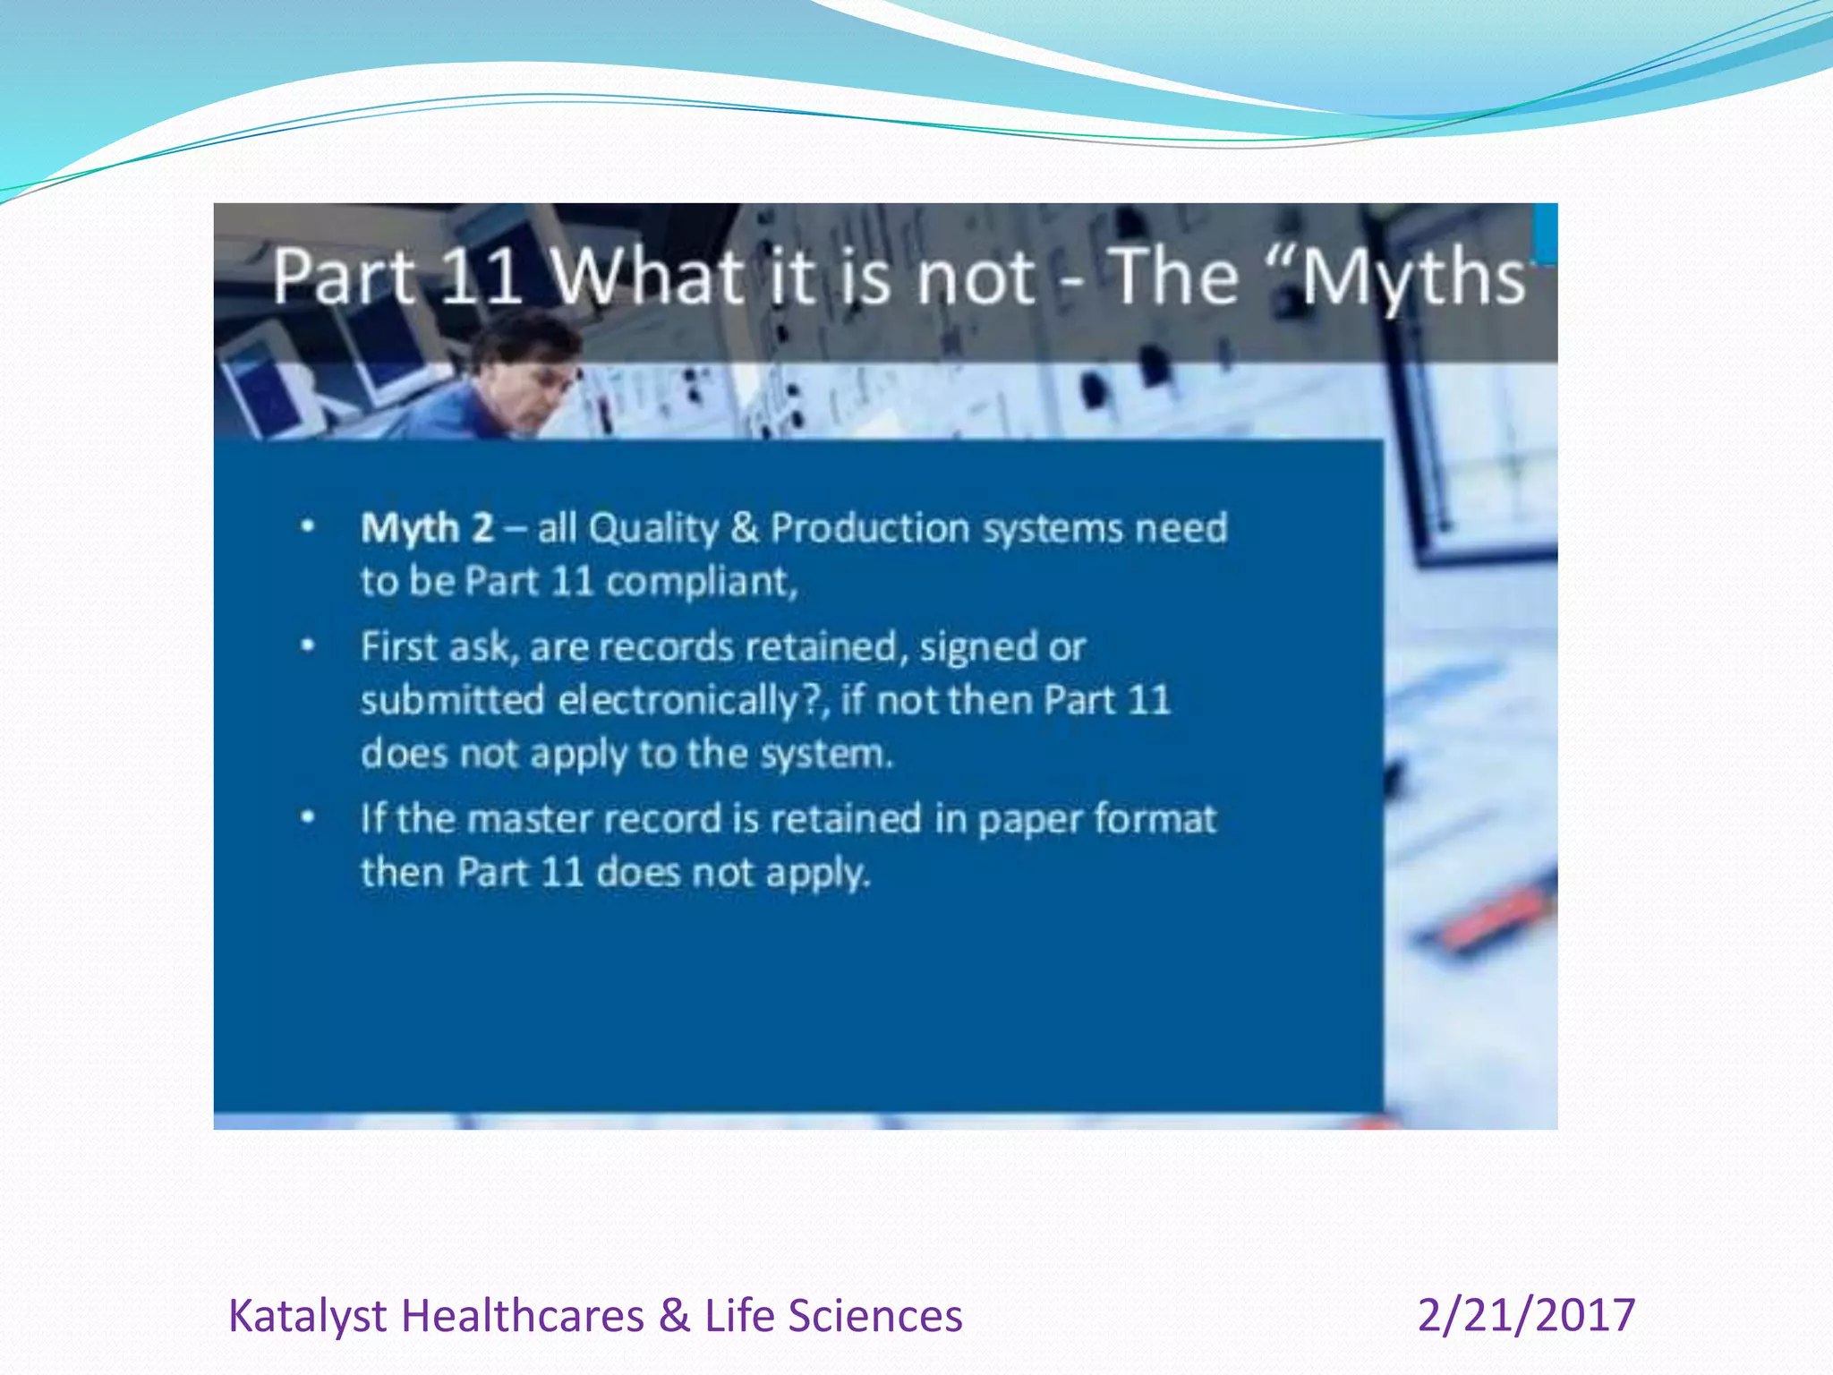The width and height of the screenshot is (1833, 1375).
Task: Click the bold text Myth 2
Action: [426, 528]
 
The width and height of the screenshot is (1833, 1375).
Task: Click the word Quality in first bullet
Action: [653, 528]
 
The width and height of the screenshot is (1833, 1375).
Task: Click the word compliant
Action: [701, 583]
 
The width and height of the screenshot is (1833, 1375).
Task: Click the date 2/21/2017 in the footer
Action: [1526, 1315]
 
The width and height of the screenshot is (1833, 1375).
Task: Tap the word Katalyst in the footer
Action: [308, 1317]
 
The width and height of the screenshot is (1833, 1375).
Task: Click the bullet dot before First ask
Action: [308, 645]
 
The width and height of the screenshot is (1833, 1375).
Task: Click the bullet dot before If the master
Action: [308, 817]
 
